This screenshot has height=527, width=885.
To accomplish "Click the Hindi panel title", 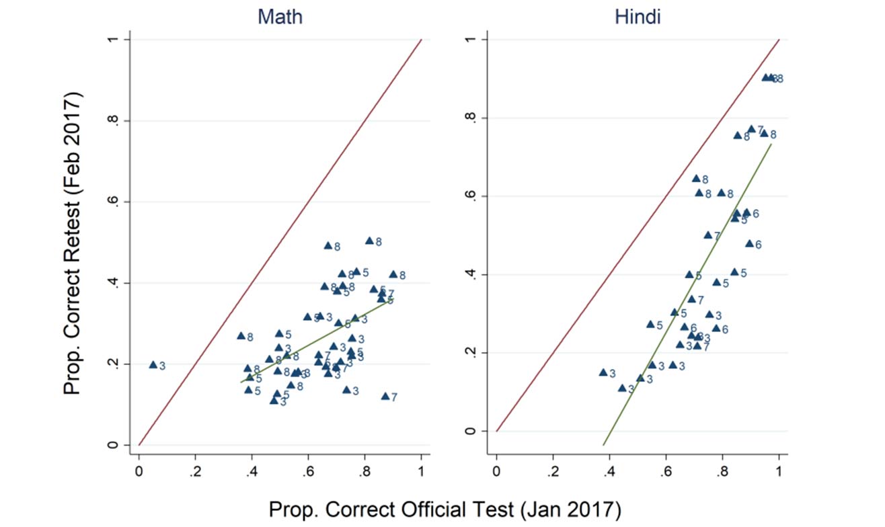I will coord(638,17).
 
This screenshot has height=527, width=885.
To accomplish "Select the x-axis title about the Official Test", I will coord(443,508).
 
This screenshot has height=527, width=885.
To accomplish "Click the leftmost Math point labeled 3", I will coord(153,364).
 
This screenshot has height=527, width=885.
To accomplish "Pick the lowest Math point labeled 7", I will coord(385,396).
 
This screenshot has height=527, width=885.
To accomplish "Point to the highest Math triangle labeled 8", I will coord(369,240).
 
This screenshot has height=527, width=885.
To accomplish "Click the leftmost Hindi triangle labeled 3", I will coord(603,372).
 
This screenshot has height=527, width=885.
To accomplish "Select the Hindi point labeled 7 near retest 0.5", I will coord(707,235).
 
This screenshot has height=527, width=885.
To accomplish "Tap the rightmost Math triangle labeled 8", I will coord(393,274).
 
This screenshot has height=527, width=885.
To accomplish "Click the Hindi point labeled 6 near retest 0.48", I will coord(749,243).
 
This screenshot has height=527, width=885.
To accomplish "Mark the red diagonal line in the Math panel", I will coord(280,243).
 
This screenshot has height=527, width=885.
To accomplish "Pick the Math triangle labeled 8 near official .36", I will coord(241,335).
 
